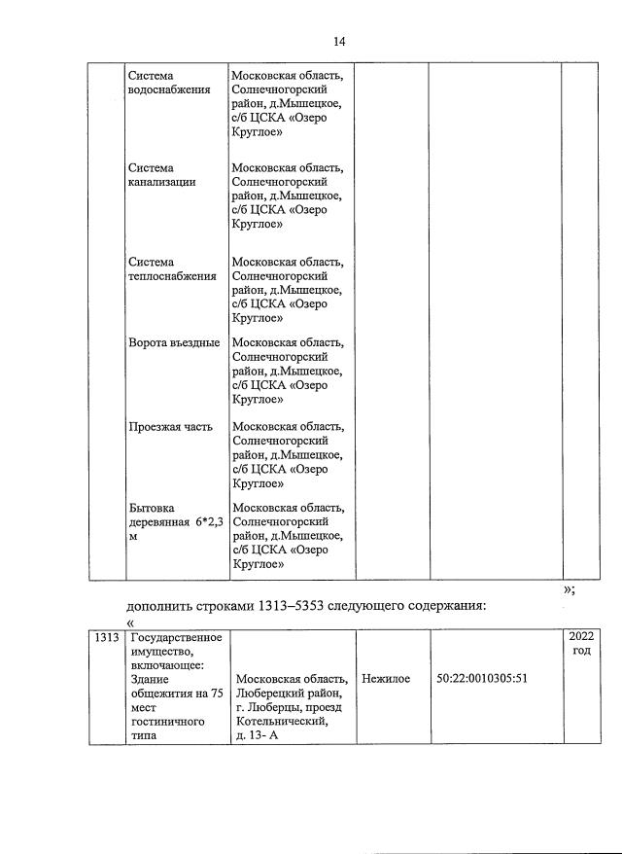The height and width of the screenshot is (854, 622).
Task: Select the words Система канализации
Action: click(x=161, y=175)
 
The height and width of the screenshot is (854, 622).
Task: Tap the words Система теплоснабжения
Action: click(x=172, y=268)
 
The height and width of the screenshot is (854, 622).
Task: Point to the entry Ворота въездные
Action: click(x=174, y=343)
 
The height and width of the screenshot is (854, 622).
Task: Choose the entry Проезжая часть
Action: click(x=169, y=426)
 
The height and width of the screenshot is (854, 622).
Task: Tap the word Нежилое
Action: click(x=385, y=679)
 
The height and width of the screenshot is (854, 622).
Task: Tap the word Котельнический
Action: click(x=280, y=722)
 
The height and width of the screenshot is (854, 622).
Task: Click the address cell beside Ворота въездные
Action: click(x=288, y=372)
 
